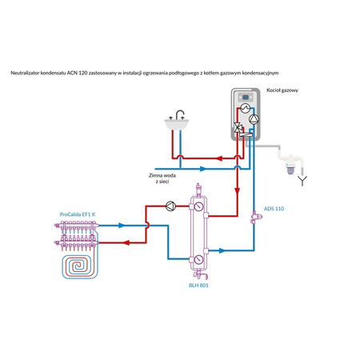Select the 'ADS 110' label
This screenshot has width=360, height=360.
[x=274, y=208]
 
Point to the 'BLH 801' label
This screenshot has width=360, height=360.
[x=198, y=285]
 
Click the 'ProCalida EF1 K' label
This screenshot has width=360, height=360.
[x=78, y=214]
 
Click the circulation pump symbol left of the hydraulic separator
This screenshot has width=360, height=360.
[x=170, y=205]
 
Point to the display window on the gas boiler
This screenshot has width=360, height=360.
[x=246, y=105]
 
